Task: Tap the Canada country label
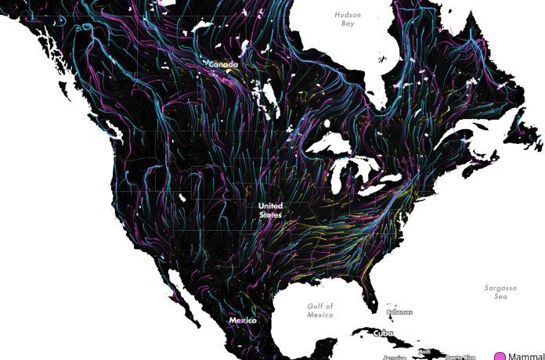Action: point(222,65)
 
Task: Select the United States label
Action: point(270,210)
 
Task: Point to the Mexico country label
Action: point(242,320)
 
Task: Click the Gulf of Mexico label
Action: point(319,310)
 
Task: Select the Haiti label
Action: point(424,351)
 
